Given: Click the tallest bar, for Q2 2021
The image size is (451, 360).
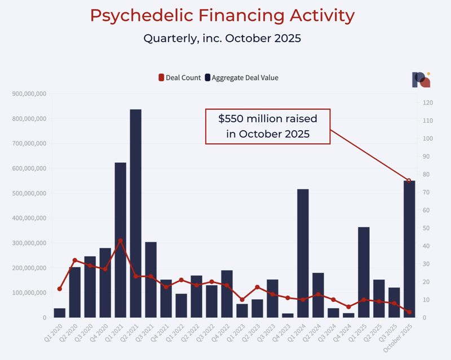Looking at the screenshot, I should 135,214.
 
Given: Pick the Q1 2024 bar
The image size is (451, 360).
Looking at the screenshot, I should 303,254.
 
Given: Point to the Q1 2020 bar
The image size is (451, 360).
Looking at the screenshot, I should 59,313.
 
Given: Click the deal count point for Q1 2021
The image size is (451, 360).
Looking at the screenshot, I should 120,241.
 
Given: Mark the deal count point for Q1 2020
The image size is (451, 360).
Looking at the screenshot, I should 59,289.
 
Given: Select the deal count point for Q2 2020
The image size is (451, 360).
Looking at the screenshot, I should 74,260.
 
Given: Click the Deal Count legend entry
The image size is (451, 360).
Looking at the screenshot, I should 180,78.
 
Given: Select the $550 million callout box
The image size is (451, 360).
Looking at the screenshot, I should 267,127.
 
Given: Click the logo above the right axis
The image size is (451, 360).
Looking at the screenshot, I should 421,80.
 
